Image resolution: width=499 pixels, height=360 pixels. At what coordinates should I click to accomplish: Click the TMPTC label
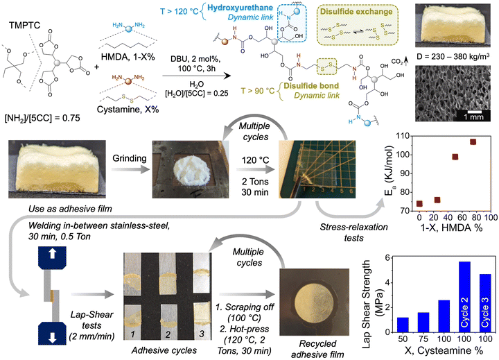24,26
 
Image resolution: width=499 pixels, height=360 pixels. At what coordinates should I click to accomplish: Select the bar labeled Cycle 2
464,297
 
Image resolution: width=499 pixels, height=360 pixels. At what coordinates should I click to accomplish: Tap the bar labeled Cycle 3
485,303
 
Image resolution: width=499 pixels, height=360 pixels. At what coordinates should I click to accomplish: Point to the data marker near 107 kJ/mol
473,142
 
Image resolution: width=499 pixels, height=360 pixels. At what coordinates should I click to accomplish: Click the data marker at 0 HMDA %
419,203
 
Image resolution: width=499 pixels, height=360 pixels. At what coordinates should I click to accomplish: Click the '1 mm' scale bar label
473,117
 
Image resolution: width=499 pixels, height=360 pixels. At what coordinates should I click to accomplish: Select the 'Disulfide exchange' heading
356,12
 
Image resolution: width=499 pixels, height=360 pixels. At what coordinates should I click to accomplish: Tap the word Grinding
130,158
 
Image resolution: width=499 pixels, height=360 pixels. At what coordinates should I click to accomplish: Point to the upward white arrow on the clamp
53,254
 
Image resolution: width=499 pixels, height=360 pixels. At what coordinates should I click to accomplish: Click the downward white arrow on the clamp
53,337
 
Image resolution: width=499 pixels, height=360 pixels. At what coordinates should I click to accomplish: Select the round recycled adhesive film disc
315,302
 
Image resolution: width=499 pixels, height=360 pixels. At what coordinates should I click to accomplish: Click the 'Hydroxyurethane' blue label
240,8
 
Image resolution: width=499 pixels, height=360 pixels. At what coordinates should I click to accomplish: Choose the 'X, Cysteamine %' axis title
444,350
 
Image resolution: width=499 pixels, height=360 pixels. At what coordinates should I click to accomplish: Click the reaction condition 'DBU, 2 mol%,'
195,59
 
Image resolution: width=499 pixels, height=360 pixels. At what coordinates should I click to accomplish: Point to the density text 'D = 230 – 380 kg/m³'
453,56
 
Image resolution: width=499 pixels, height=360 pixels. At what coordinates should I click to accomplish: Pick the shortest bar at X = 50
403,325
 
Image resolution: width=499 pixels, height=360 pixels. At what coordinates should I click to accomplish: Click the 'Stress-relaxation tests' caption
354,232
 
